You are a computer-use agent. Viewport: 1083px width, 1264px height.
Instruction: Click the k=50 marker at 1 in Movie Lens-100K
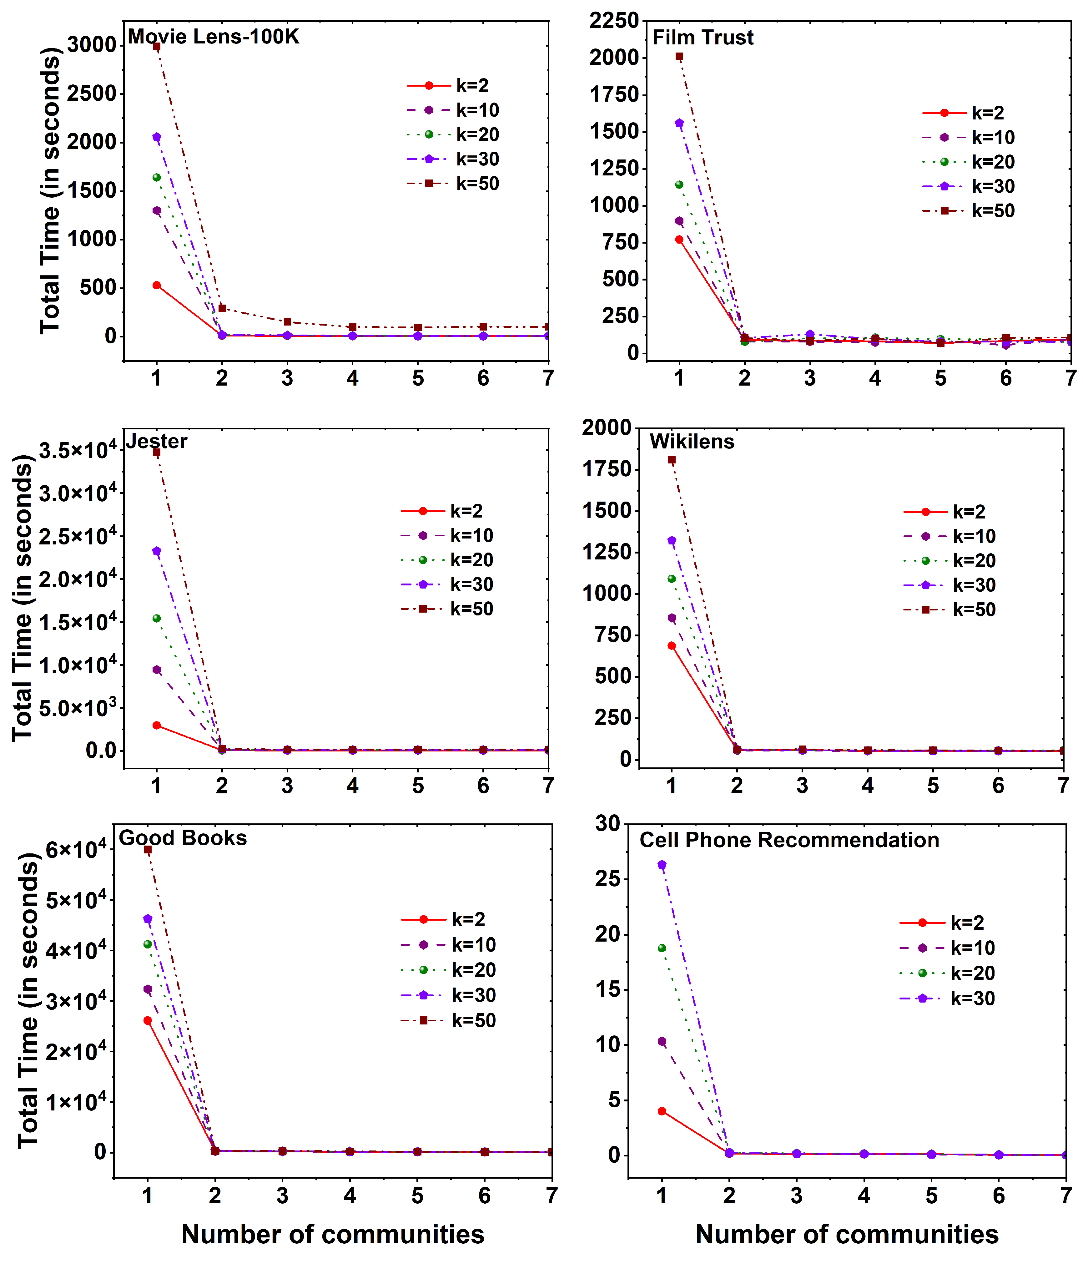(157, 46)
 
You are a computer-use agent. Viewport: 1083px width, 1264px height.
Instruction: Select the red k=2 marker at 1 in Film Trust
(679, 240)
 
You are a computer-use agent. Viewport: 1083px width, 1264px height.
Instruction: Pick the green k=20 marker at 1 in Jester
(157, 619)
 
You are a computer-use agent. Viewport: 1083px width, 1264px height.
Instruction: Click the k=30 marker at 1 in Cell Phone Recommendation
(662, 864)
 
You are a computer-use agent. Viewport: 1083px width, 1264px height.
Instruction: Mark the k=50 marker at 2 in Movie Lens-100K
(222, 308)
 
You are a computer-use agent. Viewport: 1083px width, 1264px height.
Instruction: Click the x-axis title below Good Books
(333, 1234)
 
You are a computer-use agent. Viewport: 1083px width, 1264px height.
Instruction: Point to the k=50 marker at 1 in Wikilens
(671, 460)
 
